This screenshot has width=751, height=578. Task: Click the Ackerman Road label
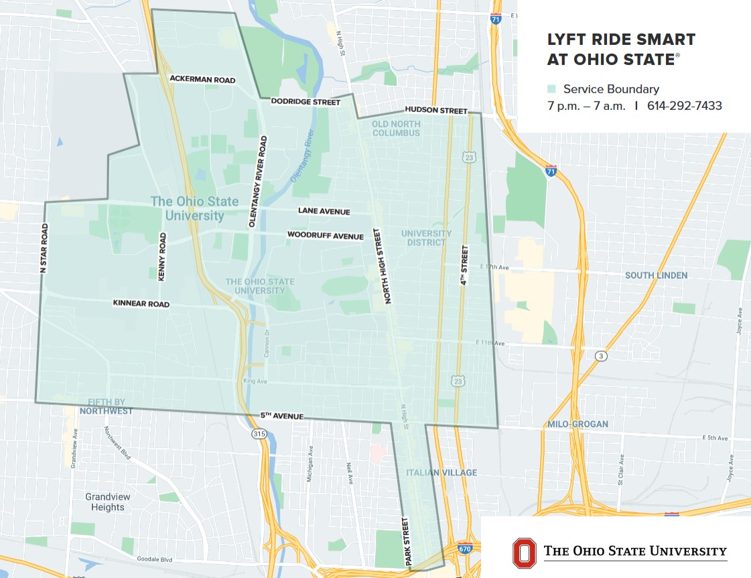[x=202, y=80]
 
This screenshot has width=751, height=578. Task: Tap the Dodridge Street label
[x=305, y=102]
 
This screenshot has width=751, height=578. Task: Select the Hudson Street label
[x=435, y=110]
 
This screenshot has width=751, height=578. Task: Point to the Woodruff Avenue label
[x=326, y=236]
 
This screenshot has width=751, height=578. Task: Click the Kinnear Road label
[x=141, y=304]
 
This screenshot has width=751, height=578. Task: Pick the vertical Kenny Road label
[x=162, y=257]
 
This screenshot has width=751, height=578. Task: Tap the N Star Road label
[x=44, y=248]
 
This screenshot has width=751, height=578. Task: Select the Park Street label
[x=405, y=540]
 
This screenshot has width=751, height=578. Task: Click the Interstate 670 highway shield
[x=464, y=548]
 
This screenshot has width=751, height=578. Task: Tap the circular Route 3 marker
[x=602, y=356]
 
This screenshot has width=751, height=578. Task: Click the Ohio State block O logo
[x=524, y=552]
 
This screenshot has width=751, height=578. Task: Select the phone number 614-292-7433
[x=684, y=106]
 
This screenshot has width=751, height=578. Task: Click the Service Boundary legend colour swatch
[x=551, y=89]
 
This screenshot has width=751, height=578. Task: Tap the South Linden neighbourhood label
[x=656, y=276]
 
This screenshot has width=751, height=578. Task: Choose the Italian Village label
[x=441, y=473]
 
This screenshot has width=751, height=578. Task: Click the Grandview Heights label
[x=108, y=502]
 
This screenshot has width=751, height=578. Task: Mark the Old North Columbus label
[x=397, y=128]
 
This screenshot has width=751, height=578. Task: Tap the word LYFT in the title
[x=568, y=40]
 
